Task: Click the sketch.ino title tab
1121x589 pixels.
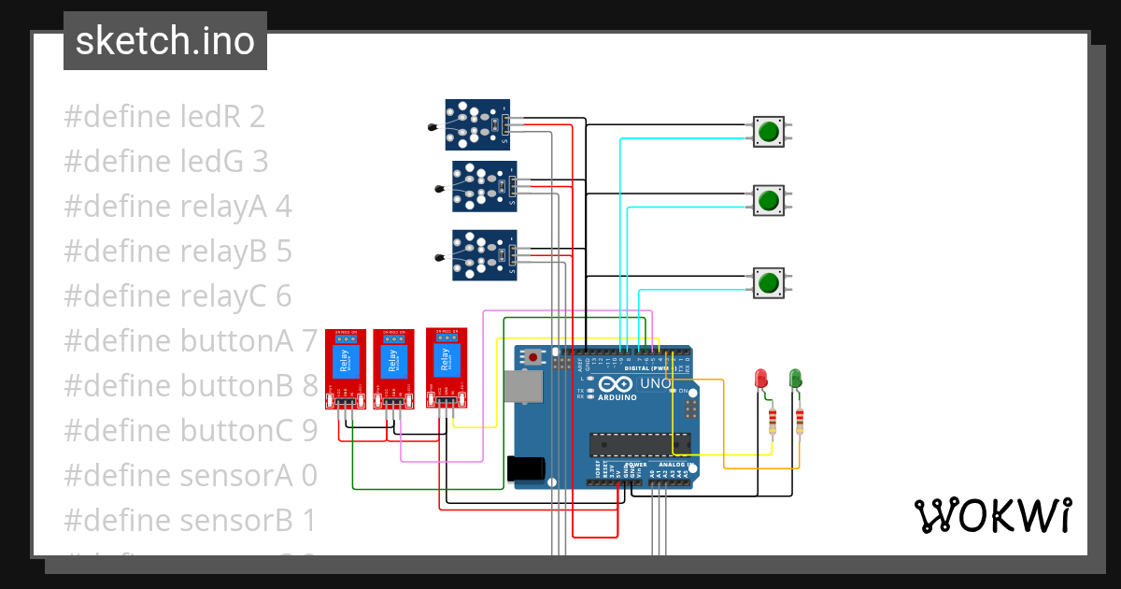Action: (165, 41)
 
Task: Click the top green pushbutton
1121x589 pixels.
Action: (769, 131)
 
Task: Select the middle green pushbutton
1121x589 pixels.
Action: (769, 199)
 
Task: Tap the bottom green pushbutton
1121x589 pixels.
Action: (769, 282)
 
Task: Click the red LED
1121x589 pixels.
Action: (760, 379)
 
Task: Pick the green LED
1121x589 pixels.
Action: (795, 378)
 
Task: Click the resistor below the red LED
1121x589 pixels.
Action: (772, 422)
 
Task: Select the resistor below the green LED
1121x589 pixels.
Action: (800, 422)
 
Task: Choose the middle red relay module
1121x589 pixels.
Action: (394, 368)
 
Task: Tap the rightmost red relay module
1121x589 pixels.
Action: (447, 367)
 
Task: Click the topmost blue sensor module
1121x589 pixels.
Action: (477, 124)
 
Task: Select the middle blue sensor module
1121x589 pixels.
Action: (484, 186)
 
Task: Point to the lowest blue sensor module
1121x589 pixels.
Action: (484, 255)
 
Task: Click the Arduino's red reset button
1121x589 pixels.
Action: (532, 357)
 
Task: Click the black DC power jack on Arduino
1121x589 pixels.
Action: (523, 469)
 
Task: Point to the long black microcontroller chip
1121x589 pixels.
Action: (639, 446)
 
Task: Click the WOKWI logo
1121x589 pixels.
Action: (992, 515)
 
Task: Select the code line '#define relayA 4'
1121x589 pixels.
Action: (177, 207)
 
